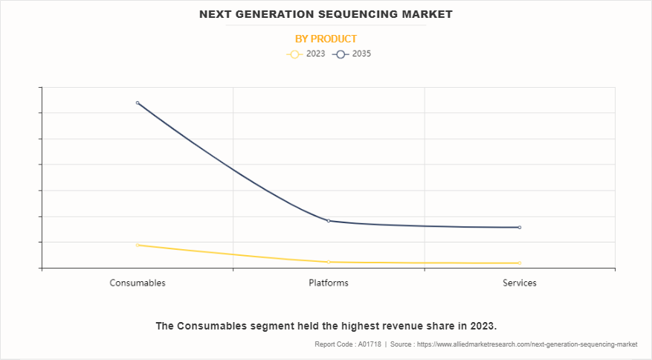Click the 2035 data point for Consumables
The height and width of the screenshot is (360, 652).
coord(138,103)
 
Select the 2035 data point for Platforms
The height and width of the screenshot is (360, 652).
coord(329,221)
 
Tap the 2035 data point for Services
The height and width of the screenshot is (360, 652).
coord(520,228)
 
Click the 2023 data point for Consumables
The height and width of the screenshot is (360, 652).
coord(138,245)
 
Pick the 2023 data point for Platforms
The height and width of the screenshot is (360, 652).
coord(329,262)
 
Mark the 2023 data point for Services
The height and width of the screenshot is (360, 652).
coord(520,263)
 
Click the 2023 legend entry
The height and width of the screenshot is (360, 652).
coord(306,54)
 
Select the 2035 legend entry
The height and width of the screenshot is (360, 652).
coord(352,54)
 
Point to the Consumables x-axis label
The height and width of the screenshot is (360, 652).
coord(138,283)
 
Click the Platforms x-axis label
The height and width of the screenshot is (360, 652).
coord(329,283)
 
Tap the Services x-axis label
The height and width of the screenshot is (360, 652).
coord(520,283)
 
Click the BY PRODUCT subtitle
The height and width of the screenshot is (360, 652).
coord(326,39)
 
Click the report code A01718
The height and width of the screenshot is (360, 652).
coord(369,344)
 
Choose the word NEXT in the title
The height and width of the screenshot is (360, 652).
coord(216,14)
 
